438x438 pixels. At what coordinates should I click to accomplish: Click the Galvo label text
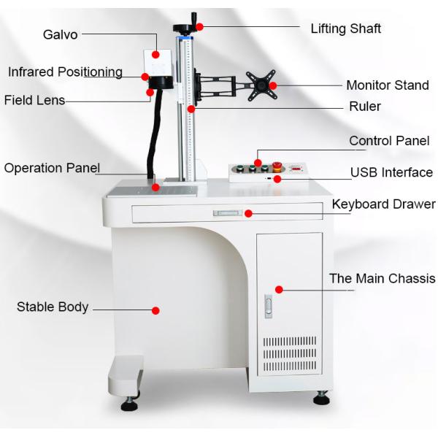(61, 35)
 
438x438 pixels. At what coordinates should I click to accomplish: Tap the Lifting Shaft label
(346, 28)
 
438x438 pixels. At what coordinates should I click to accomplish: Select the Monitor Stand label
(388, 85)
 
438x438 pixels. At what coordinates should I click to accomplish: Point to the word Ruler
(365, 107)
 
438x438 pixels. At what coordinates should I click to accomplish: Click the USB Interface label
(391, 172)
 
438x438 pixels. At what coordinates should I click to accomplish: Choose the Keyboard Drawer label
(384, 204)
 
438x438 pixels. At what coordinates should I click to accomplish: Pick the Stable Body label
(53, 307)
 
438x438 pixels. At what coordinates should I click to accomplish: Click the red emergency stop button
(277, 166)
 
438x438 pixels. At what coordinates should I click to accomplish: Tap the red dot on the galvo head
(155, 55)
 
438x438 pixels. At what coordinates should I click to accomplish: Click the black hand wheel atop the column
(186, 28)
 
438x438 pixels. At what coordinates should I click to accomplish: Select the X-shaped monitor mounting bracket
(261, 85)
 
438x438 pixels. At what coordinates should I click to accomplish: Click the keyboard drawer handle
(228, 213)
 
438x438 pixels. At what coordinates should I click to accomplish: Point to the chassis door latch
(268, 306)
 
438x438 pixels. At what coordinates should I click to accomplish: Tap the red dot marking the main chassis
(279, 290)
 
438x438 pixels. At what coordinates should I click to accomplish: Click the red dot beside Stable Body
(155, 310)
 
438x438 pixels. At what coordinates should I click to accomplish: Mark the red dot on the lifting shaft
(199, 27)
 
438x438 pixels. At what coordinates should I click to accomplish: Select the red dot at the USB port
(277, 179)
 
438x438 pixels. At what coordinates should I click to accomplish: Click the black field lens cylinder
(161, 82)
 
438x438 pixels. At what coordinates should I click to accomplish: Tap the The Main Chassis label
(382, 279)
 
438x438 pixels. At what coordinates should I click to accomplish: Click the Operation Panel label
(52, 168)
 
